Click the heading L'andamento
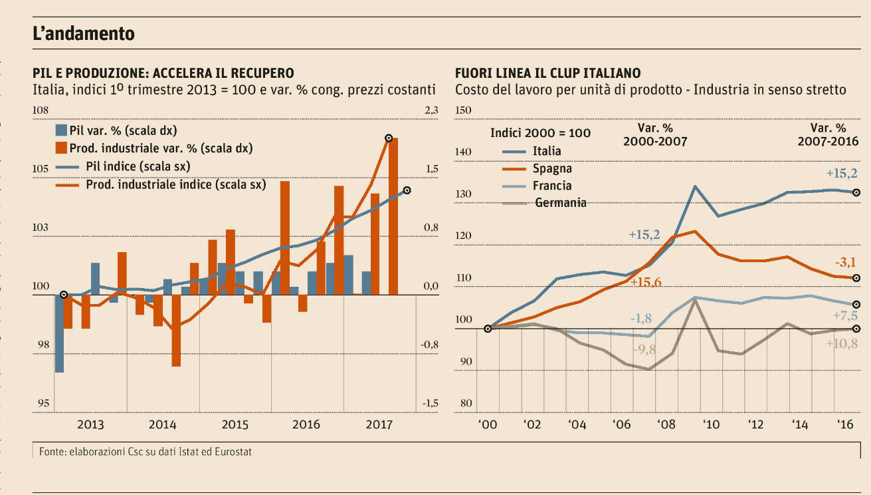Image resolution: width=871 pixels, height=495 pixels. (84, 33)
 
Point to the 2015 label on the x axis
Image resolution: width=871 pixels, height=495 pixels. (235, 424)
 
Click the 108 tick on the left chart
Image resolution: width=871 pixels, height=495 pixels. (41, 110)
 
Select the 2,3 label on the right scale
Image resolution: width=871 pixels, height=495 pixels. (431, 110)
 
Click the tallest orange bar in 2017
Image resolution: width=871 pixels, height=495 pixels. (393, 216)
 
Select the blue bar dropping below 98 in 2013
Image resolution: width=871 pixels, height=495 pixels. (59, 333)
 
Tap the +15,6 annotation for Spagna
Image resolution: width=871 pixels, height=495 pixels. (646, 282)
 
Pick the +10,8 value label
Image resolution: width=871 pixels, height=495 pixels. (842, 344)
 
